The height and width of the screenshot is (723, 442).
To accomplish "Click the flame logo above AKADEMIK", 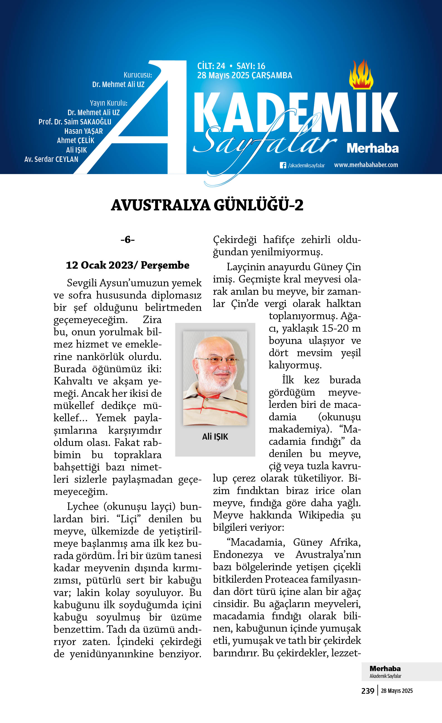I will pos(361,75).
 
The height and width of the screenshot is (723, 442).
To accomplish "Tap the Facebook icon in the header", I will pos(283,165).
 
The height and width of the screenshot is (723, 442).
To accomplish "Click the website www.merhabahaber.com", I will pos(366,165).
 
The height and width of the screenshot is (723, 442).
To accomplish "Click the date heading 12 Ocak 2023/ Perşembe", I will pos(127,265).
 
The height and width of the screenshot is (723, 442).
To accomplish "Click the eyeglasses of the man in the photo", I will pos(217,360).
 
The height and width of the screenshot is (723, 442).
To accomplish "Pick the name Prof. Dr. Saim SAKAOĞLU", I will pos(75,122).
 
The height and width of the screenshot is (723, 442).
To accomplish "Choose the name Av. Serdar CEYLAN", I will pos(51,159).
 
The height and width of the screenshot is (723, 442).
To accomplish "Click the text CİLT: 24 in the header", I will pos(211,66).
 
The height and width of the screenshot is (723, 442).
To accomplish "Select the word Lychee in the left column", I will pos(83,506).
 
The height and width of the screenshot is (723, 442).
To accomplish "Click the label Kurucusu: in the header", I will pos(138,75).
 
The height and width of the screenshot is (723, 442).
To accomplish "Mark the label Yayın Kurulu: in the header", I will pos(109,103).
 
